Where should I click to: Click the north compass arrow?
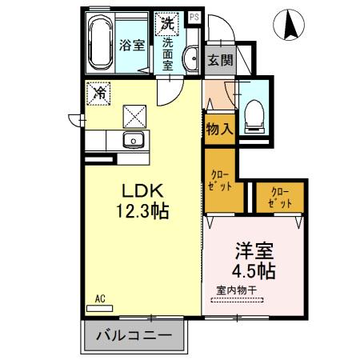(289, 26)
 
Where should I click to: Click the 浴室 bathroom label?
(133, 45)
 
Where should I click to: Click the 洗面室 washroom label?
(169, 54)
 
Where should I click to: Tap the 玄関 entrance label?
(219, 60)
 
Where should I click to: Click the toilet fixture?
(254, 114)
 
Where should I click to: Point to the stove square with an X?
(134, 117)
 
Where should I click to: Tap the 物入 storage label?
(218, 128)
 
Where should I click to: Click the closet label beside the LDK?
(221, 180)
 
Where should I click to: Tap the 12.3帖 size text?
(142, 213)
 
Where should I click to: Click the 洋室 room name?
(250, 249)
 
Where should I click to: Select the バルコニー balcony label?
(134, 337)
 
